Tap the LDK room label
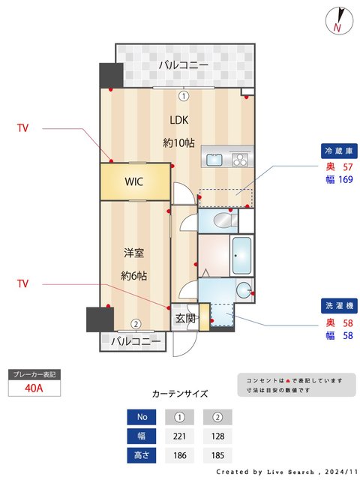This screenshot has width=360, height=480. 179,120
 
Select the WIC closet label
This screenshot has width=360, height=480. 134,181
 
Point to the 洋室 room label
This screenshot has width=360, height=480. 134,253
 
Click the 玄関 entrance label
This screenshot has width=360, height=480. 185,318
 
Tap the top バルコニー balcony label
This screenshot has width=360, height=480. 183,66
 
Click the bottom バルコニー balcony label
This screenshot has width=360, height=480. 135,342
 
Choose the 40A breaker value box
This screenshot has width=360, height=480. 33,388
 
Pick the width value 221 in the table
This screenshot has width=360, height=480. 180,436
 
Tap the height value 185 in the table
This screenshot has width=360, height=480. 218,454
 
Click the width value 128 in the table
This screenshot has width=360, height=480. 218,436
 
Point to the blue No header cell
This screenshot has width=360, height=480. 142,417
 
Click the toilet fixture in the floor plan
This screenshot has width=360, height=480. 222,220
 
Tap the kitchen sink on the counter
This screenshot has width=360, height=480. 214,159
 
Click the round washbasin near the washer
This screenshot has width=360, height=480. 243,291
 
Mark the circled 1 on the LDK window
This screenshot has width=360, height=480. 184,95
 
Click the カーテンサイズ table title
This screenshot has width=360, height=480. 180,393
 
